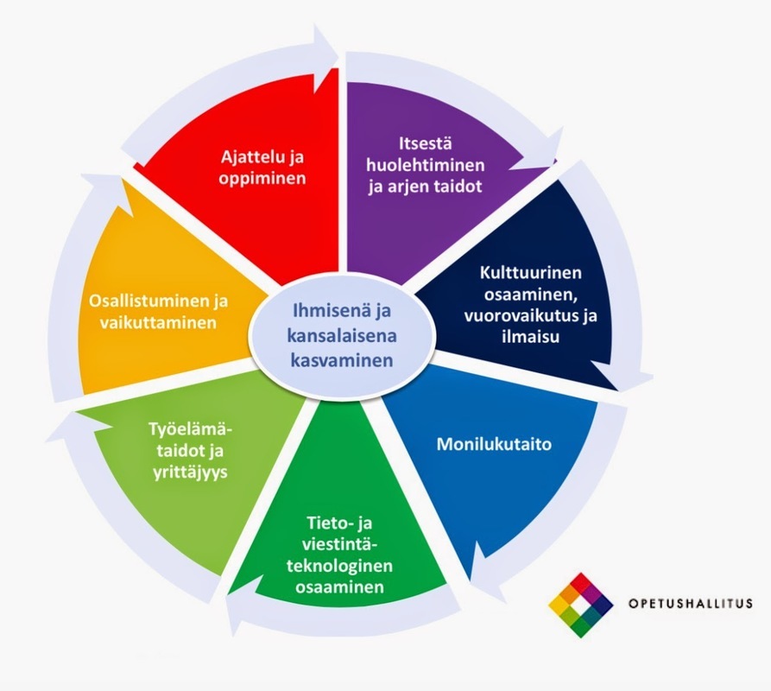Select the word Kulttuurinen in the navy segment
click(x=531, y=274)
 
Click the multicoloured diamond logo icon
click(x=581, y=605)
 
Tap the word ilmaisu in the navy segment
click(x=531, y=336)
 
